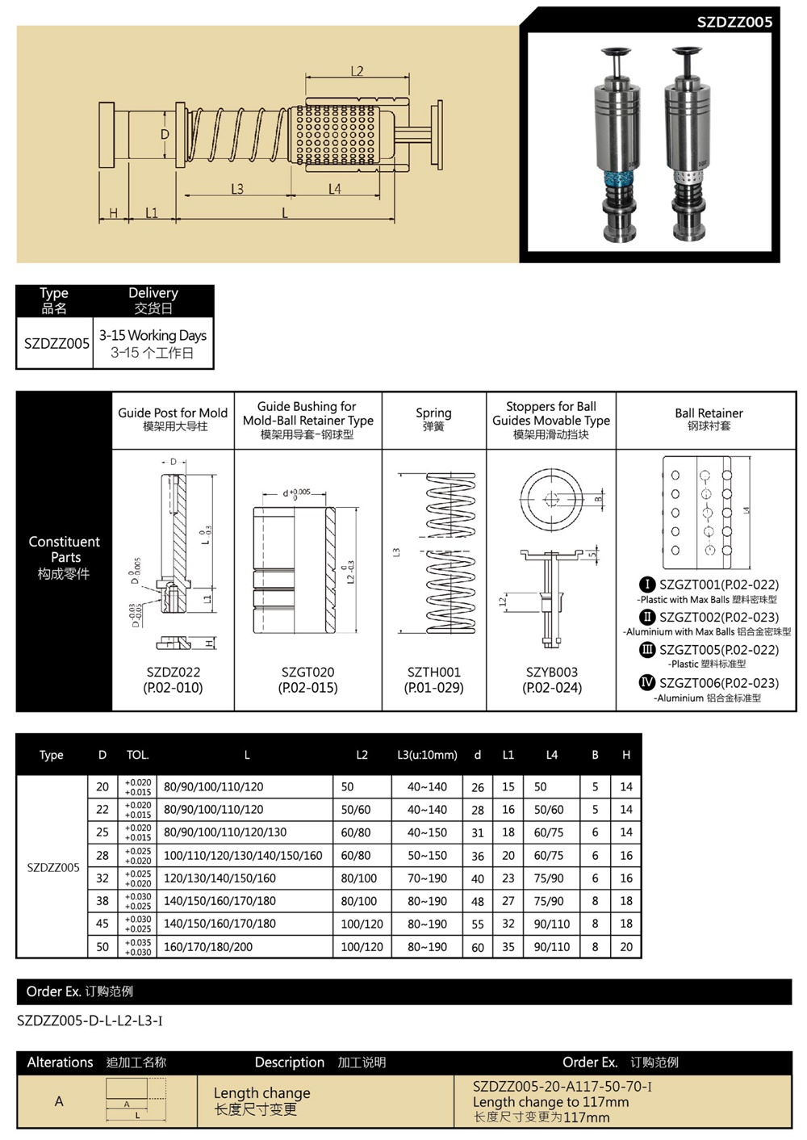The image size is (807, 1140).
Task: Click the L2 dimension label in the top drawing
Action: click(x=357, y=71)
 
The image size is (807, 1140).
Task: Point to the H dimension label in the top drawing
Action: click(x=114, y=213)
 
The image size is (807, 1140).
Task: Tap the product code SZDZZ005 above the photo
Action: click(x=734, y=22)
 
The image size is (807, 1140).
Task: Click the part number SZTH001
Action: click(x=433, y=672)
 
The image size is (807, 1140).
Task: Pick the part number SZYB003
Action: click(x=552, y=672)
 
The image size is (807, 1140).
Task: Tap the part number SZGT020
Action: click(x=307, y=672)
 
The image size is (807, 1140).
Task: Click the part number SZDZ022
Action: click(x=173, y=672)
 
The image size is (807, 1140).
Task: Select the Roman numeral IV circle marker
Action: click(x=647, y=682)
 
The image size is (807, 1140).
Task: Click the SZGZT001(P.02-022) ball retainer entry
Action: click(x=718, y=585)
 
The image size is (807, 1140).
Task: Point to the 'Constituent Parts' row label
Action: click(x=64, y=557)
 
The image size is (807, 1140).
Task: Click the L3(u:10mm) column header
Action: click(x=427, y=755)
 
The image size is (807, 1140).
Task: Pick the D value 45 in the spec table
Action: click(x=102, y=924)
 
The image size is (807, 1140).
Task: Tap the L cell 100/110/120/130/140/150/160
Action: click(x=243, y=855)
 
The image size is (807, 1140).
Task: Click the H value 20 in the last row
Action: click(x=626, y=947)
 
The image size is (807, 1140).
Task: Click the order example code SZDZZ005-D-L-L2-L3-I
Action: click(x=90, y=1021)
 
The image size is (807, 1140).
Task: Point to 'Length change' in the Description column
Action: click(x=261, y=1092)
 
